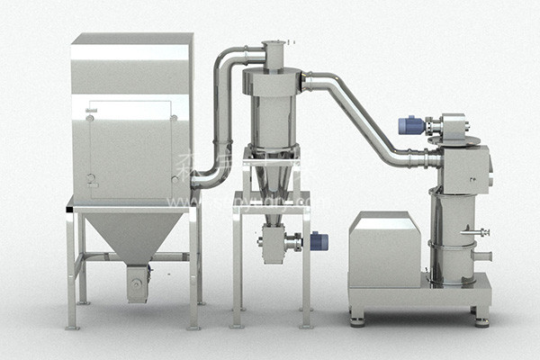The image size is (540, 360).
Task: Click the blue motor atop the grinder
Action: coord(409,125)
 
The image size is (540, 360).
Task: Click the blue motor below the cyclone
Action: coord(319,240)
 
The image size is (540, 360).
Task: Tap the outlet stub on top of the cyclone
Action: coord(274,55)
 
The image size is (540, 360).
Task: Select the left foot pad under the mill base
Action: coord(358,319)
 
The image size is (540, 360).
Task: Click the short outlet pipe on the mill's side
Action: coord(482,256)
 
